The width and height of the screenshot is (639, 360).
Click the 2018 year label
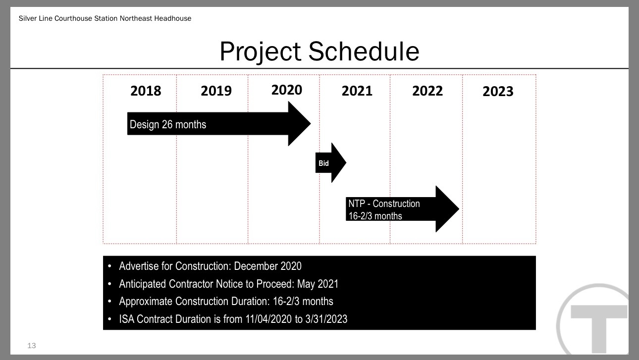[x=146, y=91]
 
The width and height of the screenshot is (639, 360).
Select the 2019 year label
[x=216, y=91]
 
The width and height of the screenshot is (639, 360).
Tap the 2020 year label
[x=287, y=90]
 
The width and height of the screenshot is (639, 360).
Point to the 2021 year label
[x=357, y=91]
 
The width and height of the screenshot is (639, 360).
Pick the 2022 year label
[x=427, y=91]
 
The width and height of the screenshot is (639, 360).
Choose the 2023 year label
[x=498, y=92]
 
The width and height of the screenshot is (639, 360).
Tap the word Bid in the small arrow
[x=323, y=163]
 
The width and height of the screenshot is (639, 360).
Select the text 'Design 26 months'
[x=168, y=124]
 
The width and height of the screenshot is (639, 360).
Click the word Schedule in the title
[x=364, y=51]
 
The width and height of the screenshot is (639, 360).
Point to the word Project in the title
[x=261, y=52]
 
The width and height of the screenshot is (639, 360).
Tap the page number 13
[x=31, y=346]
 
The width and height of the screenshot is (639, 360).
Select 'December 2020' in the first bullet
[x=267, y=266]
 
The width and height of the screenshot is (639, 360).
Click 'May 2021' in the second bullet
[x=318, y=284]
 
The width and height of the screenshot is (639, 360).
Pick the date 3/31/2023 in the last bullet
[x=326, y=319]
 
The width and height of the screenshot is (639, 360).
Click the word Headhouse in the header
[x=172, y=18]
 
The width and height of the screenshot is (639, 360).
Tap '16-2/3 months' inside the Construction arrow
[x=375, y=216]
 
